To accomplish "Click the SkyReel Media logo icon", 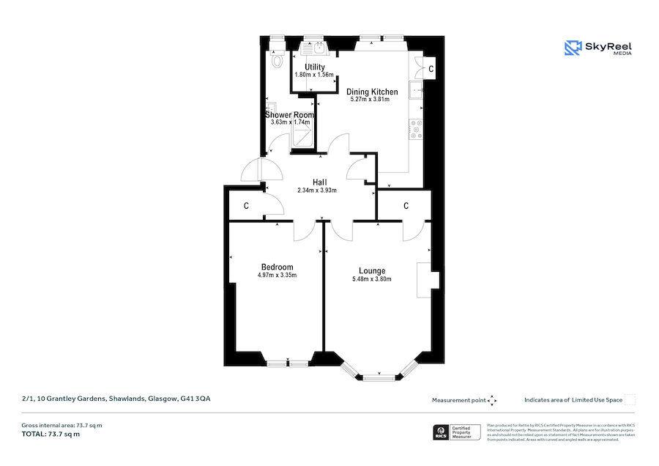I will click(573, 48).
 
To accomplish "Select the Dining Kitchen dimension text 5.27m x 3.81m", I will click(372, 100).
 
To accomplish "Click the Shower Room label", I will click(289, 115).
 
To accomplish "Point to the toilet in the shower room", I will click(276, 60).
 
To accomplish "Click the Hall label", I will click(320, 182).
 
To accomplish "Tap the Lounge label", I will click(372, 270).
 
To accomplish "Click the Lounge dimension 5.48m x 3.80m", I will click(372, 279).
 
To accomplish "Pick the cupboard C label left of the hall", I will click(246, 207).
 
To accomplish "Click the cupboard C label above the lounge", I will click(406, 206).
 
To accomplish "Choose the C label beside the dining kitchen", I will click(431, 69).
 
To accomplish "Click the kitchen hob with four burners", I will click(417, 129).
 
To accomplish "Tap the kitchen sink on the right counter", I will click(417, 91).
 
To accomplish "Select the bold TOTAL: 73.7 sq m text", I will click(51, 434).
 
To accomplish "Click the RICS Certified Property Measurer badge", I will click(458, 432).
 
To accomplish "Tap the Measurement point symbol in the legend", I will click(492, 400).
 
